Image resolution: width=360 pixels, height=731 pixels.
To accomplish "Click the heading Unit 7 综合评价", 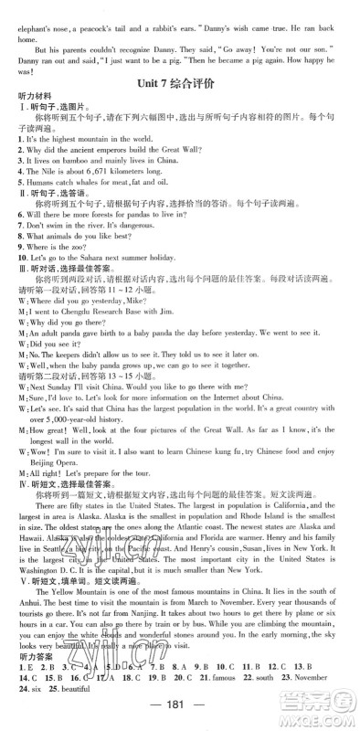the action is (180, 82).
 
